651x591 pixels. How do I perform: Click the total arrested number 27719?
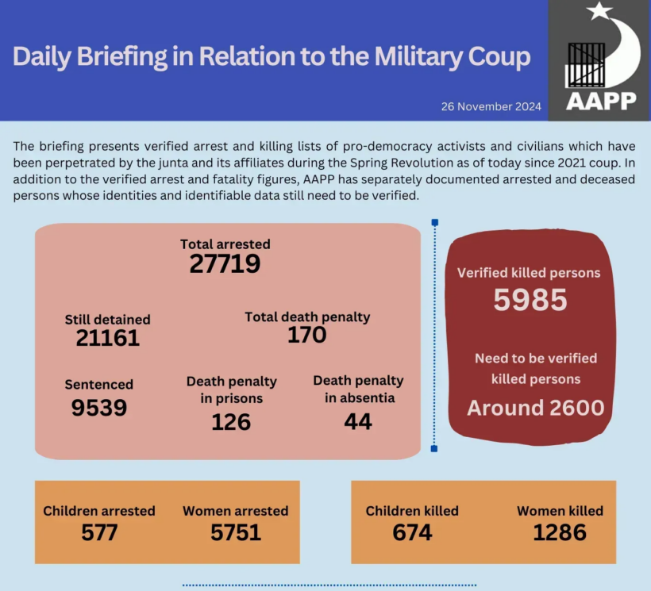[x=225, y=263]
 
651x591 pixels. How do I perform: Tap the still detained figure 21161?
[x=108, y=338]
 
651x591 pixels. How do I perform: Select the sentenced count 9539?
[x=98, y=407]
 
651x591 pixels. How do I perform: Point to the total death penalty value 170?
[x=307, y=335]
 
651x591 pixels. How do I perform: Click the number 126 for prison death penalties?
[x=231, y=422]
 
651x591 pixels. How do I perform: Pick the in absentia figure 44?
[x=358, y=422]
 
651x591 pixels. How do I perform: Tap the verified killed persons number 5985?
[x=530, y=300]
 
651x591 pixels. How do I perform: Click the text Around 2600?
[x=536, y=408]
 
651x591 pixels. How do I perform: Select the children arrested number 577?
[x=99, y=532]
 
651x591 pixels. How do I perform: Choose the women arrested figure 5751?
[x=236, y=532]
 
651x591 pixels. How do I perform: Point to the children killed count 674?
[x=412, y=532]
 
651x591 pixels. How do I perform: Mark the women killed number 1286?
[x=560, y=532]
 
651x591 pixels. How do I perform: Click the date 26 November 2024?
[x=491, y=106]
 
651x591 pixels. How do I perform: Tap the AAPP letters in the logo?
[x=601, y=101]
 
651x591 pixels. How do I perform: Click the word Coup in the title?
[x=497, y=57]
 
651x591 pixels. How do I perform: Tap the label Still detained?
[x=107, y=320]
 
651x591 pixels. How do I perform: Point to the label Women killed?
[x=560, y=511]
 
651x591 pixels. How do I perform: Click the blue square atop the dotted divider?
[x=434, y=223]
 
